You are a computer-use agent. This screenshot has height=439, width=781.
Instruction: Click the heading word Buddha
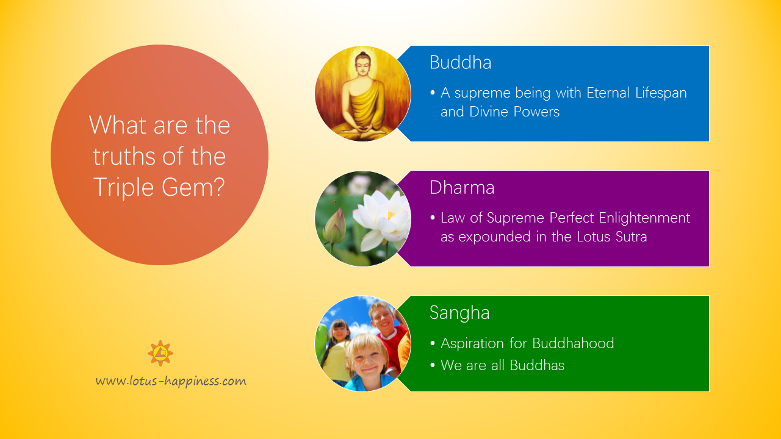pyautogui.click(x=460, y=63)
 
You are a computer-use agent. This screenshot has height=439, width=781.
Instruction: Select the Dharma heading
pyautogui.click(x=462, y=187)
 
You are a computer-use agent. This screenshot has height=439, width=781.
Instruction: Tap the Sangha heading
pyautogui.click(x=459, y=313)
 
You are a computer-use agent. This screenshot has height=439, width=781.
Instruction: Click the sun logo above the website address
pyautogui.click(x=160, y=353)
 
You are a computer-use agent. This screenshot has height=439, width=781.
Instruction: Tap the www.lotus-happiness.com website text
pyautogui.click(x=171, y=381)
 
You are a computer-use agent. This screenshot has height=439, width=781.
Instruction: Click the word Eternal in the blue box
pyautogui.click(x=608, y=93)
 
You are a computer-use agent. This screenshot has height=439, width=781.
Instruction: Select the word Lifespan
pyautogui.click(x=661, y=93)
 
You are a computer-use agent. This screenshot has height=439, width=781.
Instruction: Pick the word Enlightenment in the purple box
pyautogui.click(x=645, y=218)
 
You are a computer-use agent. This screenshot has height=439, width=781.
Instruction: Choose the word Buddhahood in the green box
pyautogui.click(x=573, y=343)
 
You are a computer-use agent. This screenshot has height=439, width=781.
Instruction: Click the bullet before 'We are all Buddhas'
pyautogui.click(x=433, y=365)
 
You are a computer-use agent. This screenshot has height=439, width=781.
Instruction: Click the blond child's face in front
pyautogui.click(x=368, y=360)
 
